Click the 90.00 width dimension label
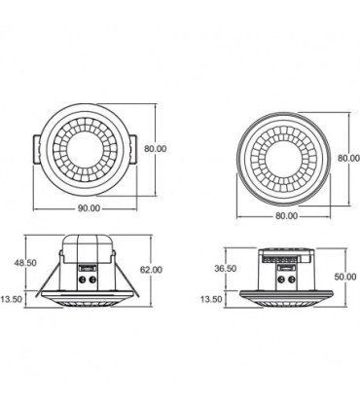click(89, 208)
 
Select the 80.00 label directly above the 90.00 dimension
click(156, 149)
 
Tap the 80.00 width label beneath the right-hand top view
click(286, 216)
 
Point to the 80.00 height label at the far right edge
click(349, 158)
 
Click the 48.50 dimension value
click(25, 263)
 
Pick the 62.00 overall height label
click(151, 270)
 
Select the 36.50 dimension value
click(226, 269)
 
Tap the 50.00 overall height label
click(345, 277)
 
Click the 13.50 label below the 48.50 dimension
click(12, 299)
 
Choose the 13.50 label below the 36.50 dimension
click(211, 299)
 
